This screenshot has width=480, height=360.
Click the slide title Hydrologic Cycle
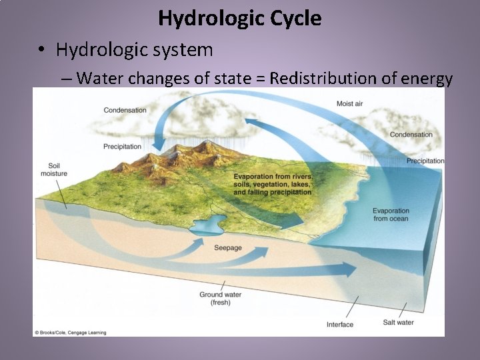click(x=239, y=18)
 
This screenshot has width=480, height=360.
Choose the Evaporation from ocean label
click(x=391, y=215)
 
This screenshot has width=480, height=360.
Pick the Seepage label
click(x=228, y=248)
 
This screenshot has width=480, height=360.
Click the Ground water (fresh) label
click(x=220, y=298)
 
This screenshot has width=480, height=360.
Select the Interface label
click(x=340, y=325)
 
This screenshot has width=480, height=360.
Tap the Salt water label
click(x=398, y=323)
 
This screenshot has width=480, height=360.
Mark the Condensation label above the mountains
click(x=125, y=110)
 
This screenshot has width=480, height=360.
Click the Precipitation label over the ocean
click(x=425, y=161)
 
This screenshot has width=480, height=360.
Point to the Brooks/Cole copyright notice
click(x=71, y=332)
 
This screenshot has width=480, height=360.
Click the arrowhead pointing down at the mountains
click(x=158, y=143)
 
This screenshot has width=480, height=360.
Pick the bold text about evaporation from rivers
click(x=273, y=184)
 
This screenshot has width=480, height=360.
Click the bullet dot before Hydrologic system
click(x=41, y=50)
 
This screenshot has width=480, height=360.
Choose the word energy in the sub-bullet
click(x=427, y=78)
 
